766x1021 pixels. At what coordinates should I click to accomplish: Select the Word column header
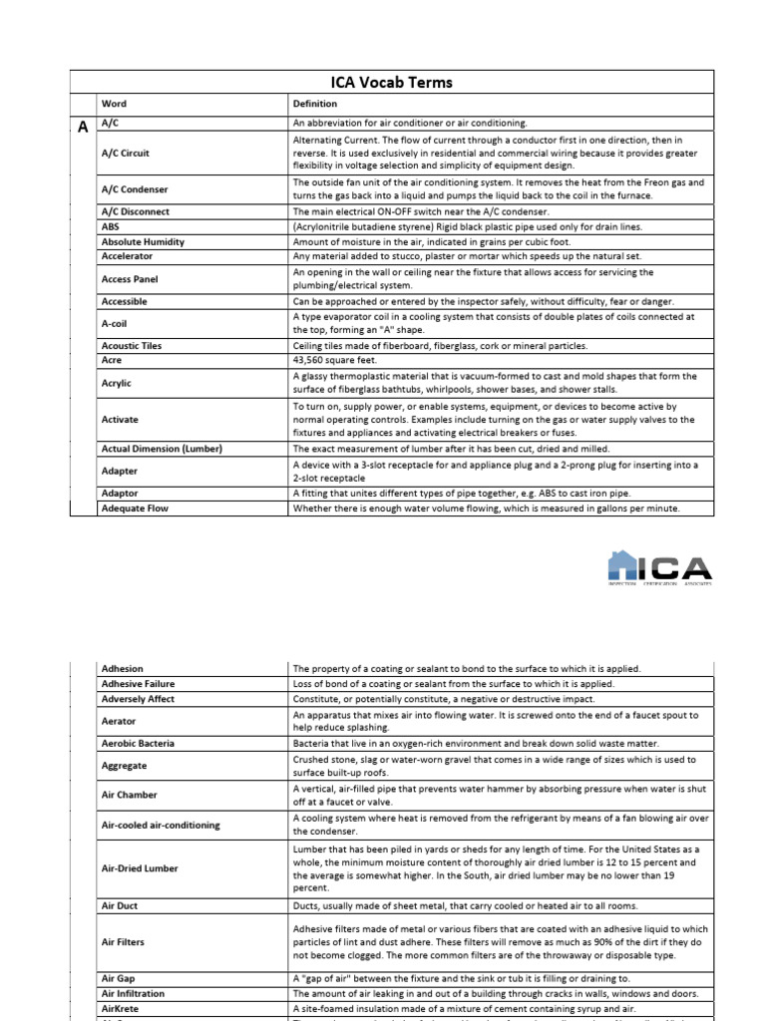tap(113, 104)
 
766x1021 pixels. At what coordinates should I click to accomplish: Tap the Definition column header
tap(314, 104)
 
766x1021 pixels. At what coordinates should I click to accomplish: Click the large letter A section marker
tap(83, 125)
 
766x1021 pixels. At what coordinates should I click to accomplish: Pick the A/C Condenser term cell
tap(134, 189)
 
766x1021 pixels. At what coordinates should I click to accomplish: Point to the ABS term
tap(110, 226)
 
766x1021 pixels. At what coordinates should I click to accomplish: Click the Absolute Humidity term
tap(143, 241)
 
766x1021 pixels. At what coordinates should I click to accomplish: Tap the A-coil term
tap(115, 324)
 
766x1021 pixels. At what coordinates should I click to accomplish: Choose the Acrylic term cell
tap(116, 383)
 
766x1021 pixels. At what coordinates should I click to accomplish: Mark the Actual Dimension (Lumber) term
tap(162, 449)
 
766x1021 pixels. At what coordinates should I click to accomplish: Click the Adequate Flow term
tap(135, 509)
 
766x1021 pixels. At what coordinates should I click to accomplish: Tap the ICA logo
tap(660, 568)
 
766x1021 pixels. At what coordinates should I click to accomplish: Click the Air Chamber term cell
tap(130, 796)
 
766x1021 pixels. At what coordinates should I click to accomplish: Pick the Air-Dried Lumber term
tap(140, 868)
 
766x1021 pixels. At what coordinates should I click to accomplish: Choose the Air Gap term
tap(120, 979)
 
